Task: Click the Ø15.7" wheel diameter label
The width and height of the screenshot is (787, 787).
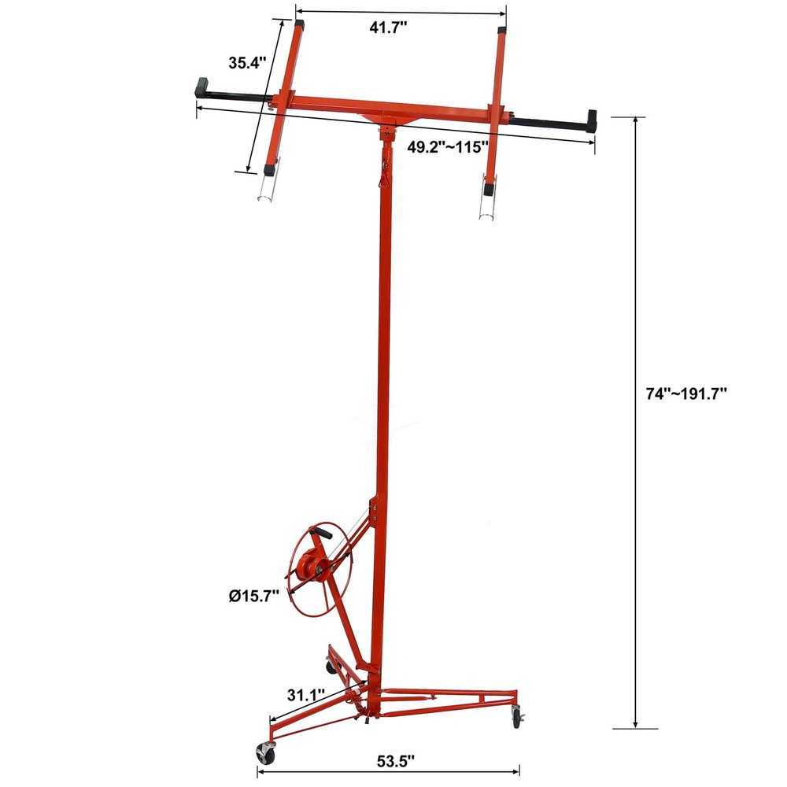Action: pos(251,596)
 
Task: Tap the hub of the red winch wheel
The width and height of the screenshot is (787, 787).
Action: pos(309,565)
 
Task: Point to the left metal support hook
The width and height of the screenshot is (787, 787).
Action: pos(267,187)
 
